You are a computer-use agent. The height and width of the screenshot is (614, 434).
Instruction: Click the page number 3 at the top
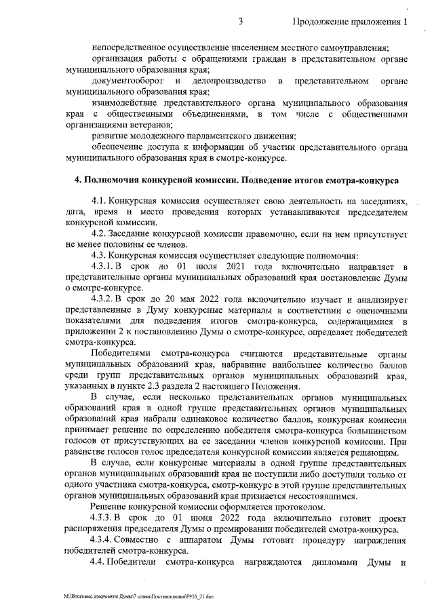click(241, 22)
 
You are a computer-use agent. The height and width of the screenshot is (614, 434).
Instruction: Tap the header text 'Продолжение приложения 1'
click(351, 22)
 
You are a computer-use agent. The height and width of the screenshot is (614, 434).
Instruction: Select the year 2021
click(233, 267)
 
